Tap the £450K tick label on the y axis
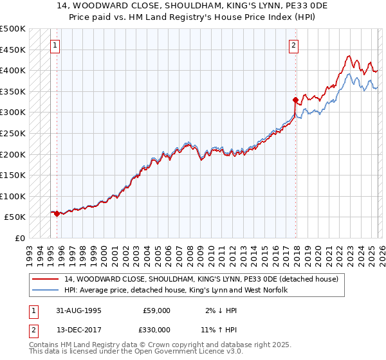point(13,50)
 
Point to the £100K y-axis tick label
point(13,196)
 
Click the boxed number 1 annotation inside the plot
point(56,46)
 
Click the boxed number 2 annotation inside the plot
point(293,46)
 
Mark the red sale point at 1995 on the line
point(57,213)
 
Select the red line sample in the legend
point(46,279)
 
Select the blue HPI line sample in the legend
point(46,291)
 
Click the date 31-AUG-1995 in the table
point(79,310)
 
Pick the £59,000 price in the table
point(156,310)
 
